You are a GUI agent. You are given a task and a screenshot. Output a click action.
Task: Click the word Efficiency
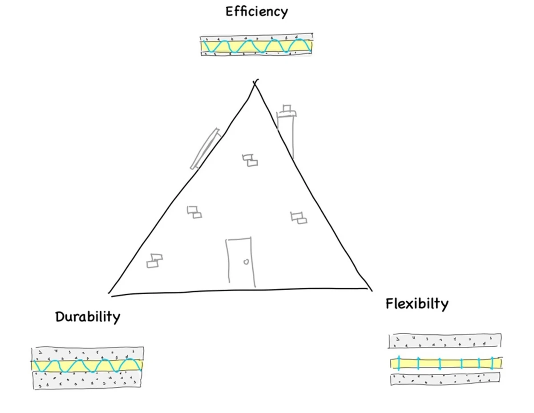pyautogui.click(x=257, y=12)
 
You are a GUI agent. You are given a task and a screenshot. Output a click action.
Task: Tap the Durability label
pyautogui.click(x=88, y=317)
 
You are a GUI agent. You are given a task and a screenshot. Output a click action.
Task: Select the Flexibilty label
pyautogui.click(x=417, y=304)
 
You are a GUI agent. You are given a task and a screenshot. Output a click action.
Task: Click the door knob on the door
pyautogui.click(x=246, y=262)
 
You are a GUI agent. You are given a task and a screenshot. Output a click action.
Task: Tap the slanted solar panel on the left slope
pyautogui.click(x=206, y=148)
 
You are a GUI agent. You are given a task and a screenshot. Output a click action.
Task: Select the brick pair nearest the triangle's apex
pyautogui.click(x=250, y=160)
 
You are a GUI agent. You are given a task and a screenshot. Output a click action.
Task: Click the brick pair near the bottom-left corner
pyautogui.click(x=154, y=261)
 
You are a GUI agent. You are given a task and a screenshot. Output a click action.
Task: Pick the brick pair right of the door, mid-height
pyautogui.click(x=299, y=218)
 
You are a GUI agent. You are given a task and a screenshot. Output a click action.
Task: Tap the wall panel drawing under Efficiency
pyautogui.click(x=256, y=45)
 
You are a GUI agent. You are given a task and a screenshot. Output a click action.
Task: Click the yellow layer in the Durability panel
pyautogui.click(x=87, y=365)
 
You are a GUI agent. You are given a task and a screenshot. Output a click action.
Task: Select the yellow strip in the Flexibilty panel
pyautogui.click(x=446, y=363)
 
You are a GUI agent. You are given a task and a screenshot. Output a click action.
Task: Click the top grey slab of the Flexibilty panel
pyautogui.click(x=445, y=341)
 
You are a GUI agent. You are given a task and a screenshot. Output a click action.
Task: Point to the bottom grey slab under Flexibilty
pyautogui.click(x=445, y=379)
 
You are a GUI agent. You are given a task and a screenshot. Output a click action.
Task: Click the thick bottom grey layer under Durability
pyautogui.click(x=87, y=380)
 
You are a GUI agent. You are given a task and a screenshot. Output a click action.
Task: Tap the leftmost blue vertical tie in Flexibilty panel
pyautogui.click(x=399, y=363)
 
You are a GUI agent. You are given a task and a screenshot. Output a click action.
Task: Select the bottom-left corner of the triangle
pyautogui.click(x=109, y=294)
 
